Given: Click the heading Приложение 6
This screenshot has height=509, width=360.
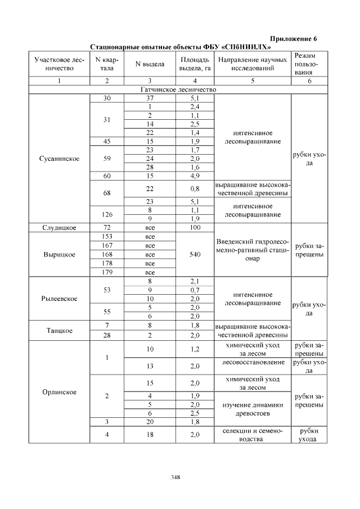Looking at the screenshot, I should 293,38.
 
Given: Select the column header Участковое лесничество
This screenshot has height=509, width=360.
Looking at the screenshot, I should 59,64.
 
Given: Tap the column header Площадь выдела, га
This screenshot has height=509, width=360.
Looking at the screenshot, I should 195,64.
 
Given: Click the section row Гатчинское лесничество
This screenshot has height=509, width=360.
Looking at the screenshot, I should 178,89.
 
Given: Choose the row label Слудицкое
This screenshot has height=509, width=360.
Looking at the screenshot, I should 59,228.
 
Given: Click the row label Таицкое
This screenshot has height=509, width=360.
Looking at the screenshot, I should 59,330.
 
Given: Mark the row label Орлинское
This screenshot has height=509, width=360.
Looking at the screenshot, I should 59,391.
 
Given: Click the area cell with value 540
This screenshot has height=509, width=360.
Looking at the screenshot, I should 195,254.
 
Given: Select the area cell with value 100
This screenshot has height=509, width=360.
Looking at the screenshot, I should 195,228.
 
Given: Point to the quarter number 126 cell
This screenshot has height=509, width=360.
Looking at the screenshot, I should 107,214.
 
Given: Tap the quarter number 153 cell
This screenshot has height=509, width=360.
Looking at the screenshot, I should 107,236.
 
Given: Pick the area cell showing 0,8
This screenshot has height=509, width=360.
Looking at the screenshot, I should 195,188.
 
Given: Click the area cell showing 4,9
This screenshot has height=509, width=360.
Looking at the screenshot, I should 195,175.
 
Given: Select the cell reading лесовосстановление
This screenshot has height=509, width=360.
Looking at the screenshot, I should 252,363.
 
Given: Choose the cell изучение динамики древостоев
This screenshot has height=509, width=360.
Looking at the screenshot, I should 252,409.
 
